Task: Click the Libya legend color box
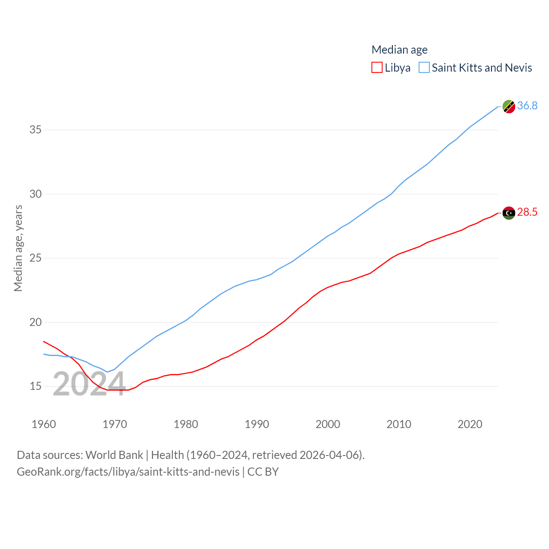pyautogui.click(x=377, y=68)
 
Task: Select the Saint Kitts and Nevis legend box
pyautogui.click(x=424, y=68)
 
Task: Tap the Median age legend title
pyautogui.click(x=399, y=50)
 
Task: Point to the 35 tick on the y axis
pyautogui.click(x=36, y=130)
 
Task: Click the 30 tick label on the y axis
pyautogui.click(x=36, y=194)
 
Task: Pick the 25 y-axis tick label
pyautogui.click(x=36, y=258)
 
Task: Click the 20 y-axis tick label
pyautogui.click(x=36, y=322)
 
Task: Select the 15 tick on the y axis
pyautogui.click(x=36, y=386)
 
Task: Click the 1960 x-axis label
pyautogui.click(x=44, y=424)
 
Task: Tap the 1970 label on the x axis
pyautogui.click(x=115, y=424)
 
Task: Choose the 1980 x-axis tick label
pyautogui.click(x=186, y=424)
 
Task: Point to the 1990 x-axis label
pyautogui.click(x=257, y=424)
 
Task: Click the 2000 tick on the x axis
pyautogui.click(x=328, y=424)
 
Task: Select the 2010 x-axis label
pyautogui.click(x=399, y=424)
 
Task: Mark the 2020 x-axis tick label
pyautogui.click(x=470, y=424)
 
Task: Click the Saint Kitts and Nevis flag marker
pyautogui.click(x=509, y=106)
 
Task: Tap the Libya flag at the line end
pyautogui.click(x=509, y=213)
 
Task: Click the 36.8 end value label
pyautogui.click(x=527, y=106)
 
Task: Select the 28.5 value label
pyautogui.click(x=527, y=212)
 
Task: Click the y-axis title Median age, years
pyautogui.click(x=18, y=248)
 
